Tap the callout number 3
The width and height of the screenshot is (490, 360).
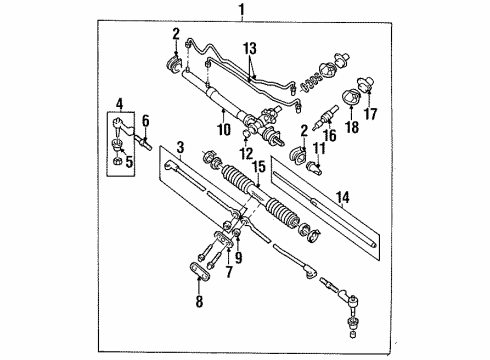tap(179, 147)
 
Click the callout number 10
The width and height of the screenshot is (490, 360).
tap(221, 128)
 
